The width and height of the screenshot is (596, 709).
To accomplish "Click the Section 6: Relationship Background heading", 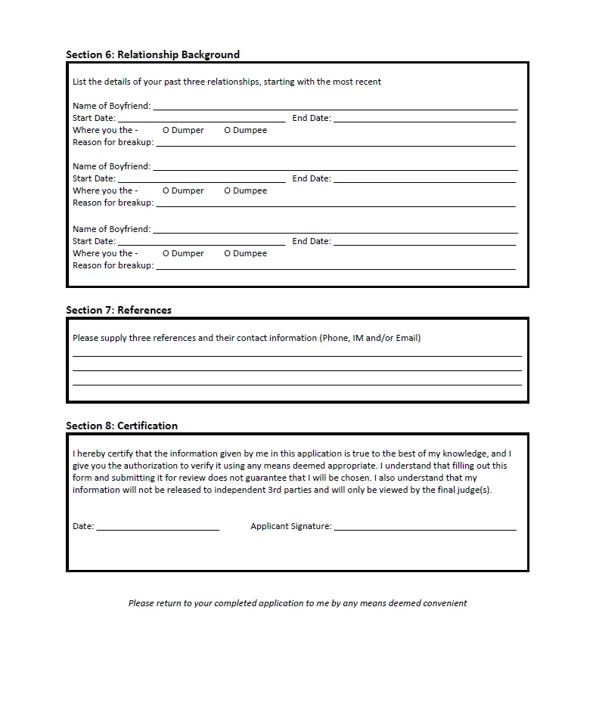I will tap(152, 54).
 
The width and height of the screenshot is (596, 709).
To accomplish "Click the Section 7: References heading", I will tap(119, 310).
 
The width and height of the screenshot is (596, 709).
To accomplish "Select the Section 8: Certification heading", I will tap(122, 426).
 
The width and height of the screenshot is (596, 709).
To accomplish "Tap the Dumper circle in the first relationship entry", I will tap(166, 130).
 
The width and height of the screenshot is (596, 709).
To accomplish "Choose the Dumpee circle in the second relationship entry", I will tap(227, 190).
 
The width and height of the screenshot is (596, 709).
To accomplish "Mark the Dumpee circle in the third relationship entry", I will tap(227, 253).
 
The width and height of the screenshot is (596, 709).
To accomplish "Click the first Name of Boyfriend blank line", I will tap(335, 108).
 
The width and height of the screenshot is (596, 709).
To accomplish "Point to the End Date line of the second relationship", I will tap(424, 181).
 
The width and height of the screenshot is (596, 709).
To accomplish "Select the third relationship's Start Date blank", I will tap(201, 243).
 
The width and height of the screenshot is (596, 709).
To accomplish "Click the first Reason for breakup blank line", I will tap(335, 144).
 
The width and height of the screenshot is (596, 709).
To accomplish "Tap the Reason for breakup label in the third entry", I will tap(113, 265).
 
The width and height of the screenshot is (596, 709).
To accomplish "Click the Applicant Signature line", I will tap(425, 528).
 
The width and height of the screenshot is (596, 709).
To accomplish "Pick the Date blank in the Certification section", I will tap(157, 528).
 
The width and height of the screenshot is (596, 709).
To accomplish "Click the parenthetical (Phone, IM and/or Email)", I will tap(370, 338).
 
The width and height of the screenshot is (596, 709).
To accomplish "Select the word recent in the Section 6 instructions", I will tap(368, 82).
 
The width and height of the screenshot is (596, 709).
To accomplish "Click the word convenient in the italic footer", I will tap(446, 603).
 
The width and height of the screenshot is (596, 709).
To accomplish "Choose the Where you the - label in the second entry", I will tap(105, 190).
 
